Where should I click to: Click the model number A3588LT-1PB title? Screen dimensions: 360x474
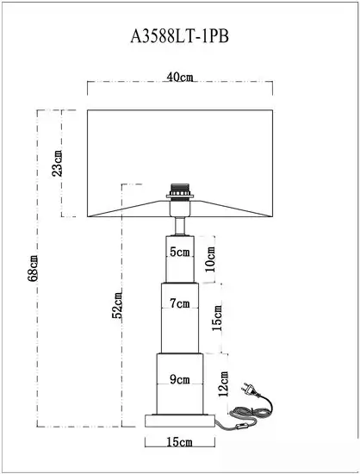pos(180,37)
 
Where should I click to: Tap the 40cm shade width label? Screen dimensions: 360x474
pos(180,77)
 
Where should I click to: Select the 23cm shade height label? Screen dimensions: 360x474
pos(57,163)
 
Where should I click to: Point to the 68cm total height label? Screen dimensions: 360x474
pos(33,268)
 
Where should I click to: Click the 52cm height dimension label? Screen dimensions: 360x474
pos(117,305)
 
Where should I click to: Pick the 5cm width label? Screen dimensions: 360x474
pos(180,252)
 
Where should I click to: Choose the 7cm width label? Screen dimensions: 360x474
pos(180,302)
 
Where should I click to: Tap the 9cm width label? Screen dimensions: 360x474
pos(180,379)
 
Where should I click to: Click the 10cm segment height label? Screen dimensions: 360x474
pos(210,259)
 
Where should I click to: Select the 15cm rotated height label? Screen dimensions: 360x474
pos(217,318)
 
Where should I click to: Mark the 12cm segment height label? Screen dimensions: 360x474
pos(224,384)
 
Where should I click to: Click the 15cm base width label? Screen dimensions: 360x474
pos(180,442)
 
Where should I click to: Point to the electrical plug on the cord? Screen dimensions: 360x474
pos(250,390)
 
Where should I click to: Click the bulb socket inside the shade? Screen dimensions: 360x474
pos(180,191)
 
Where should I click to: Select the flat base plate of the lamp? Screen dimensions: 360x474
pos(180,421)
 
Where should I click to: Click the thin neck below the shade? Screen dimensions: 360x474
pos(180,226)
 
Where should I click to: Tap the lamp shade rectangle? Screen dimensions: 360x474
pos(180,163)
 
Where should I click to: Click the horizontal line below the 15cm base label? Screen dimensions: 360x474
pos(180,446)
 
